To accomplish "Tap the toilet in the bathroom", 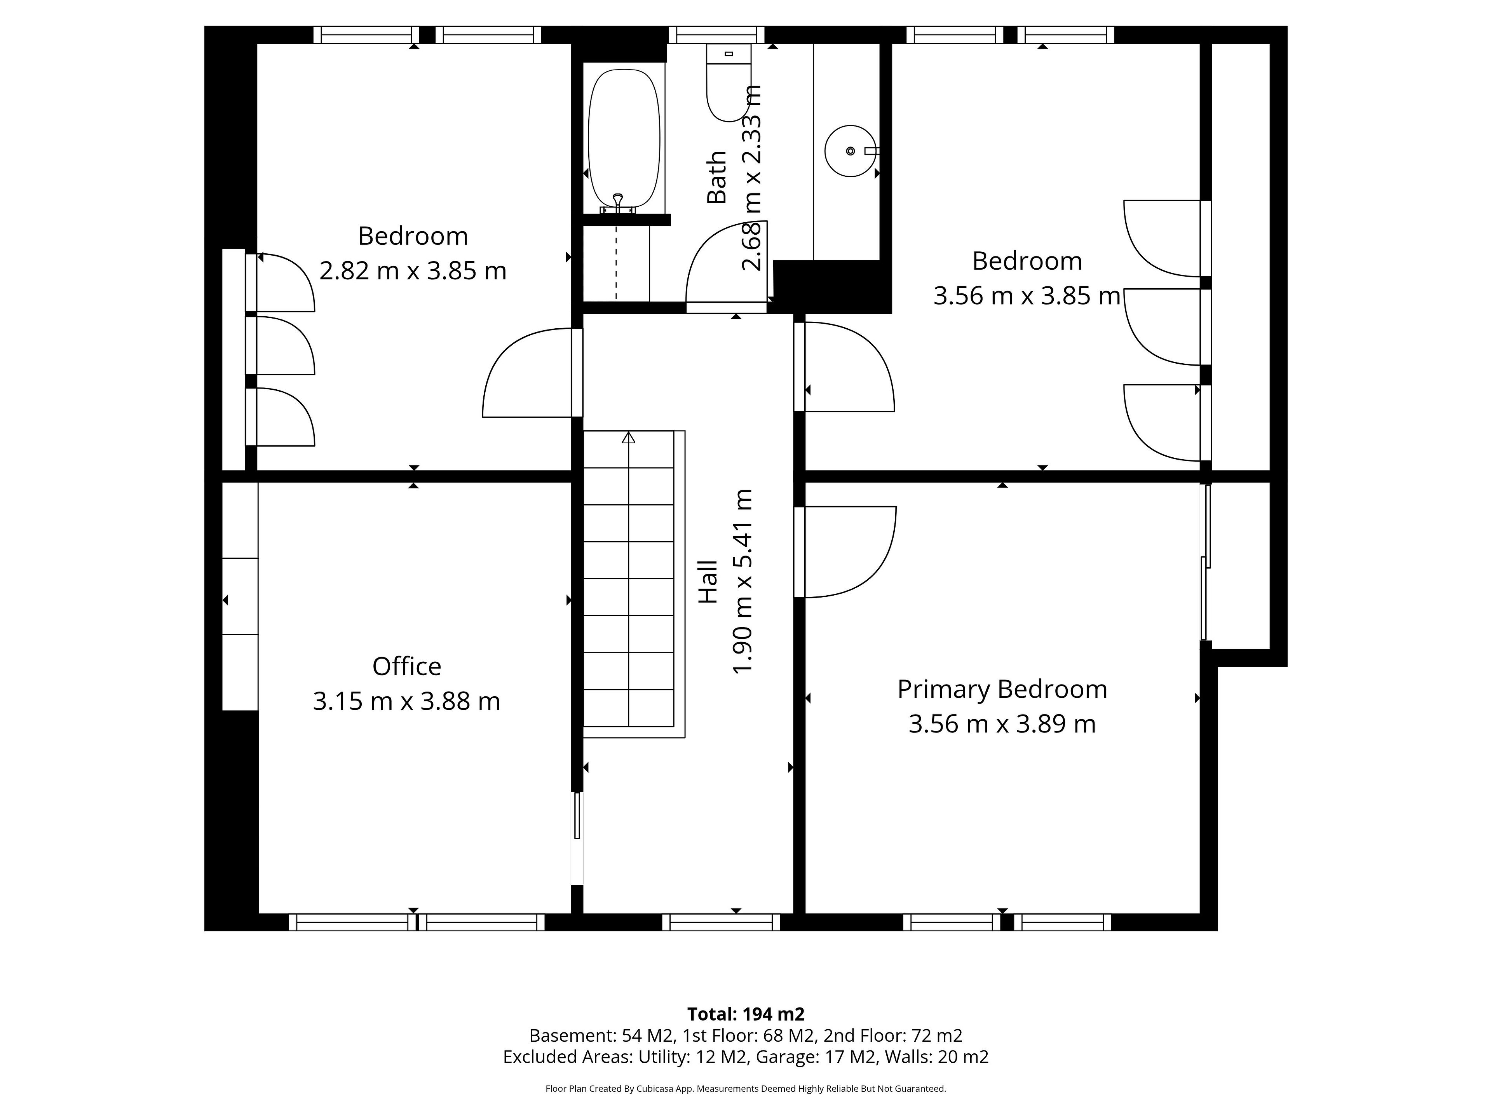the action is point(729,82).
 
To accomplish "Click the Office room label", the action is point(407,666).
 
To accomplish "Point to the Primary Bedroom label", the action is point(1002,689).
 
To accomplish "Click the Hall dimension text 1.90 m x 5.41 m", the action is point(742,581).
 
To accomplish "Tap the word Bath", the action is point(717,178).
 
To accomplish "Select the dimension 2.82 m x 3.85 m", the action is point(413,271).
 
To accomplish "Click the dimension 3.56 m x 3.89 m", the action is point(1002,724).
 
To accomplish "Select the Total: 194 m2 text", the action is point(746,1014).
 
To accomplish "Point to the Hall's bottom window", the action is point(721,922).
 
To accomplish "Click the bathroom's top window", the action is point(716,35).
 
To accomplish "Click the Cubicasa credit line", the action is point(746,1089).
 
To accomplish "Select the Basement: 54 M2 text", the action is point(601,1035).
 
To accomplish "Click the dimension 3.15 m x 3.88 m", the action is point(407,701).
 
